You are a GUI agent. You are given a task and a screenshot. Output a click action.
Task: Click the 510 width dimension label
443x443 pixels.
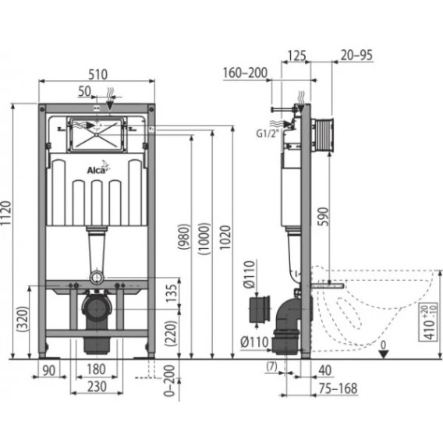pos(97,75)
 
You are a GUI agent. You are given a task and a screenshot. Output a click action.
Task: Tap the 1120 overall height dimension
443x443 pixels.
pos(6,213)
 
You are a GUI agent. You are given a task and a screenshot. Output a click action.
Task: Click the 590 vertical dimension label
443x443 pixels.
pos(324,216)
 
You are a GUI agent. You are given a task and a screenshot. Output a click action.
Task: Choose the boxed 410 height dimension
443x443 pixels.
pos(431,322)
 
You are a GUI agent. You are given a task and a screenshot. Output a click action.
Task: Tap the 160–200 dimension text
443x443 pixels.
pos(245,73)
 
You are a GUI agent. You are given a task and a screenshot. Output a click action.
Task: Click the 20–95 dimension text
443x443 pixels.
pos(356,55)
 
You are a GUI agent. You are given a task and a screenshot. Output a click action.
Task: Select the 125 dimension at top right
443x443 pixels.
pos(297,55)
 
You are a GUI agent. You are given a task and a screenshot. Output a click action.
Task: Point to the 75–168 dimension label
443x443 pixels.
pos(338,388)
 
